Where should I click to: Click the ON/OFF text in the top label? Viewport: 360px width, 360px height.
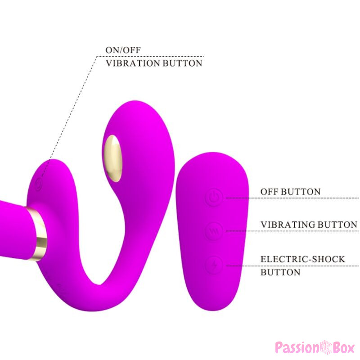click(x=123, y=50)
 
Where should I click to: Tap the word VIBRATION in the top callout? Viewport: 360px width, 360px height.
click(x=133, y=63)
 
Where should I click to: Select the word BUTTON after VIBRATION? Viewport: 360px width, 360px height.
click(x=183, y=63)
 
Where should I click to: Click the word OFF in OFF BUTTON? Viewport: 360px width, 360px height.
click(x=269, y=192)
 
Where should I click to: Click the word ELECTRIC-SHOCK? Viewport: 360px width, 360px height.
click(x=303, y=259)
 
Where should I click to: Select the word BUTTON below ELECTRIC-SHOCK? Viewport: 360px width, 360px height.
click(x=280, y=272)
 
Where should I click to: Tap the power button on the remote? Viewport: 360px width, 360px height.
click(x=214, y=198)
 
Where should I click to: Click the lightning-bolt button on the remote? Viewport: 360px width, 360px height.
click(x=214, y=265)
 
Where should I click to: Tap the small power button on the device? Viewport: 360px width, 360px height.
click(x=39, y=184)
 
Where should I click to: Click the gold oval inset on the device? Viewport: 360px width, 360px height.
click(x=113, y=158)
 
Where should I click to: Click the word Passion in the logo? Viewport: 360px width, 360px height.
click(x=297, y=348)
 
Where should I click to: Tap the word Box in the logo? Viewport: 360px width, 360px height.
click(x=344, y=347)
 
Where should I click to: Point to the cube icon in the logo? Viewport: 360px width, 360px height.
click(x=326, y=347)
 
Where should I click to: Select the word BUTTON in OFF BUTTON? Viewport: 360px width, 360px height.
click(x=301, y=192)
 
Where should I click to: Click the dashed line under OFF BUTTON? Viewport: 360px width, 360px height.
click(x=293, y=198)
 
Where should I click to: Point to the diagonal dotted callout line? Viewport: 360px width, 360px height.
click(x=69, y=117)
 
